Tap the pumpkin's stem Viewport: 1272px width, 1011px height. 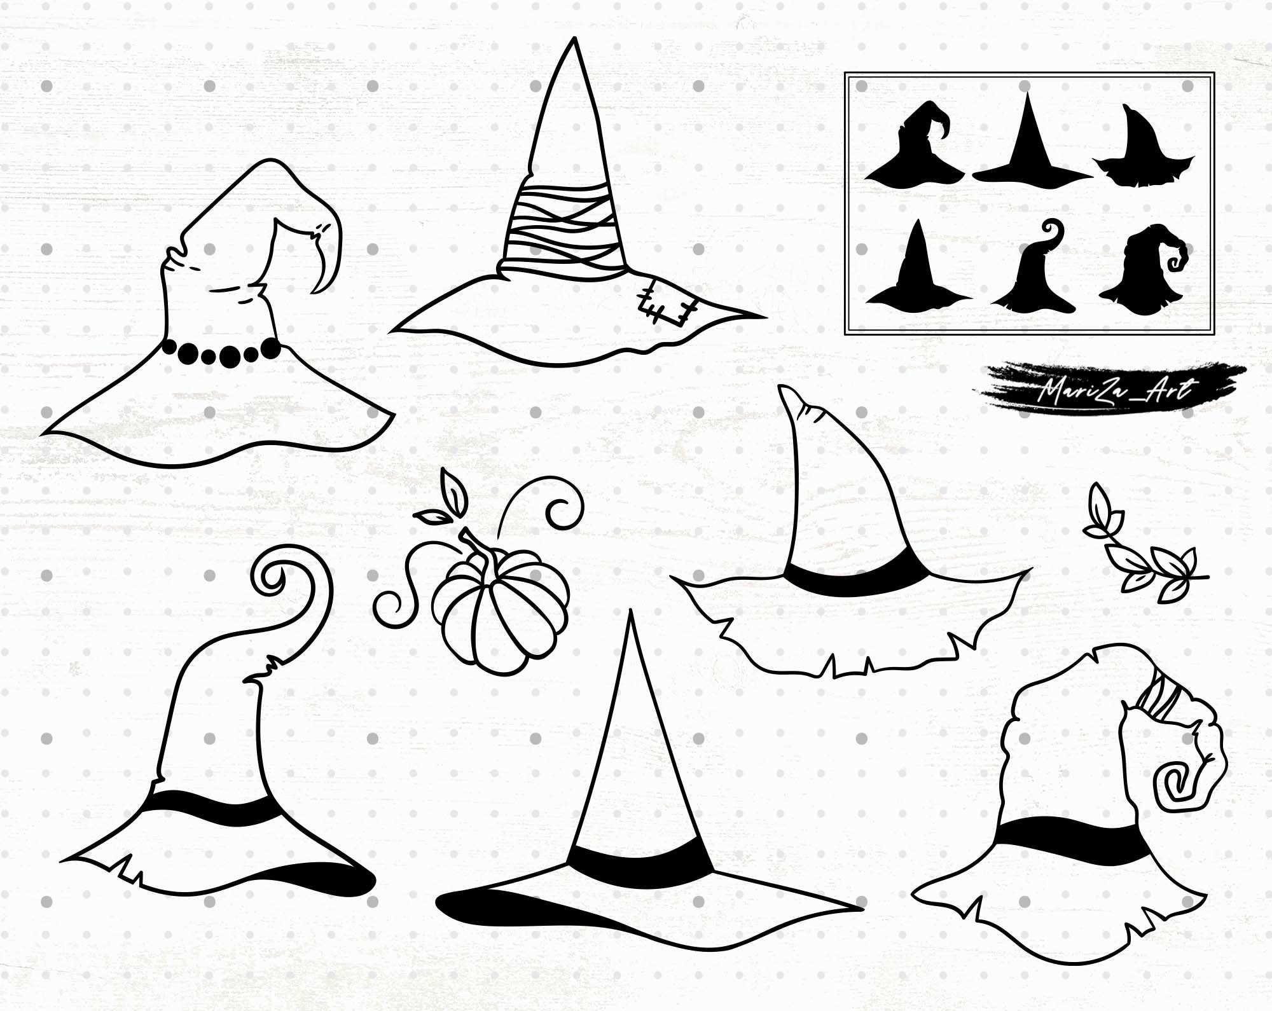pyautogui.click(x=480, y=546)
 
